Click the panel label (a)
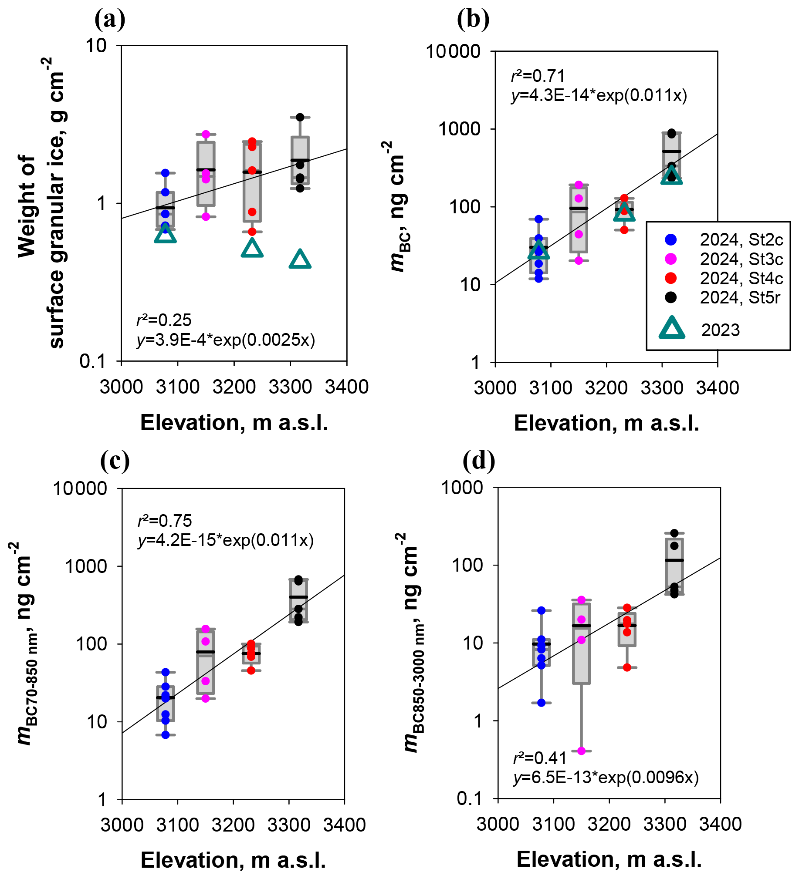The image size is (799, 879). click(x=109, y=20)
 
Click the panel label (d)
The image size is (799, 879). click(x=479, y=461)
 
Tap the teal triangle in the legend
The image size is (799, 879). click(x=672, y=329)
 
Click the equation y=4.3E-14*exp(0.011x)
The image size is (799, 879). click(x=599, y=95)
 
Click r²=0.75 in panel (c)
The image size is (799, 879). click(x=165, y=521)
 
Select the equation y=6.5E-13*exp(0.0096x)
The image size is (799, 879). click(x=606, y=778)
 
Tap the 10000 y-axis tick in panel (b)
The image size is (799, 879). click(x=453, y=52)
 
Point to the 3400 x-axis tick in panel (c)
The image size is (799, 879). click(x=344, y=825)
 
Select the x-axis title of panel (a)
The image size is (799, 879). click(x=234, y=423)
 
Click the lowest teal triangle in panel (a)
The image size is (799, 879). click(x=300, y=260)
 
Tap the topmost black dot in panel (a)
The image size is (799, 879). click(x=300, y=117)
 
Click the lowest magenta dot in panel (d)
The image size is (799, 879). click(x=581, y=751)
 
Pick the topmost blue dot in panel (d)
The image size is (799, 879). click(x=542, y=611)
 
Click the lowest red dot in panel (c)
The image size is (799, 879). click(x=251, y=670)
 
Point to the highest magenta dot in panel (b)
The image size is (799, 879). click(x=579, y=185)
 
